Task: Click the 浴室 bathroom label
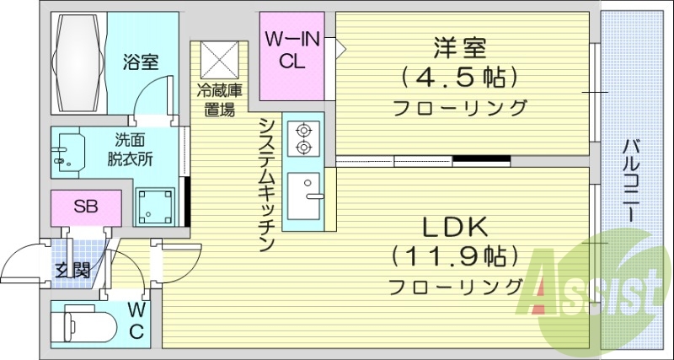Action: [x=140, y=62]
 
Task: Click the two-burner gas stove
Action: [x=302, y=138]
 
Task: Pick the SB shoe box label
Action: [x=84, y=207]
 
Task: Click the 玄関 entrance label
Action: [x=72, y=271]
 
